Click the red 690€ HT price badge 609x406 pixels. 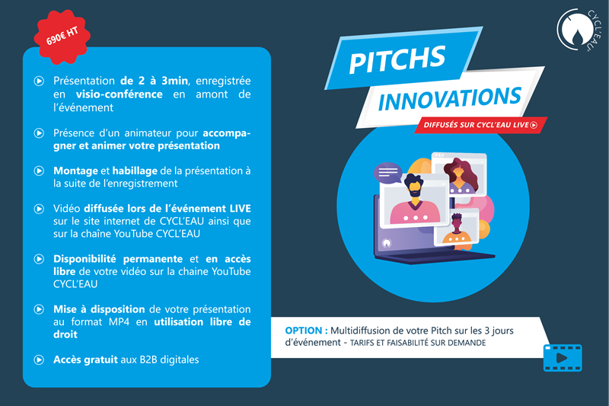[x=62, y=36]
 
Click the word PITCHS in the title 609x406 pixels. [x=397, y=59]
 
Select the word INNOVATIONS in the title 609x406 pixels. [x=449, y=98]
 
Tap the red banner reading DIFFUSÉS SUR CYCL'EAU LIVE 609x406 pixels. [x=480, y=125]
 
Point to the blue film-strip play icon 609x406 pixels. [x=563, y=358]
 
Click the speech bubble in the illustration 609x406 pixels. [x=387, y=172]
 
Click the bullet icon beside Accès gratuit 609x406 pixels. [x=39, y=360]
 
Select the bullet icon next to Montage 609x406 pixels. [x=39, y=171]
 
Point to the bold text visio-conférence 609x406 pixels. [x=120, y=94]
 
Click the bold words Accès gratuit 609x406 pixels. [x=85, y=360]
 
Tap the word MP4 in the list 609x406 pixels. [x=119, y=321]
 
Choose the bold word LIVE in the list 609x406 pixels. [x=240, y=209]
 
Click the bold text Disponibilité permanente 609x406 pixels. [x=118, y=259]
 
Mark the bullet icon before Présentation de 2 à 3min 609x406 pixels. [x=39, y=82]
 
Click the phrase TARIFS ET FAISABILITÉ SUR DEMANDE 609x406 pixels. [x=418, y=343]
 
